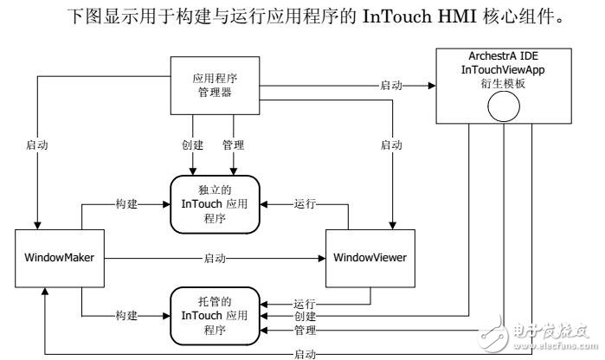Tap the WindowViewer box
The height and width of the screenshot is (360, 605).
370,258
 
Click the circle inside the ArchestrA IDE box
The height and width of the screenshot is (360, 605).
502,108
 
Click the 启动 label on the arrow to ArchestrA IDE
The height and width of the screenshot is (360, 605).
390,85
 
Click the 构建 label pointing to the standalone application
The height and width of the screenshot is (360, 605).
126,203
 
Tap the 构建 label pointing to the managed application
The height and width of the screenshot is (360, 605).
126,316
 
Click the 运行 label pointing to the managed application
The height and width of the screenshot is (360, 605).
304,304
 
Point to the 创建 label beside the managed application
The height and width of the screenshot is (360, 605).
304,317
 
